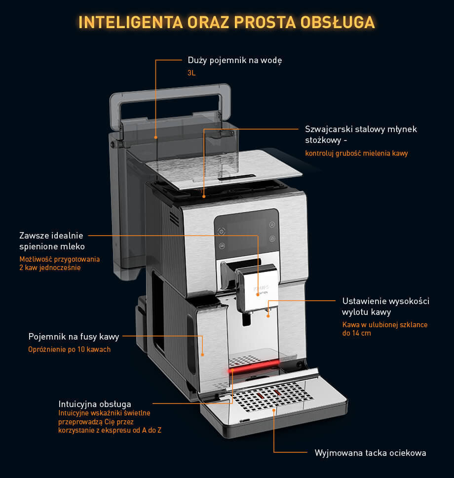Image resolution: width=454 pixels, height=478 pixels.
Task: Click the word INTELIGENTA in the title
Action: [x=131, y=22]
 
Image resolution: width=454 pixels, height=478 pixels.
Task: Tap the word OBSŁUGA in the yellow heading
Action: [x=338, y=22]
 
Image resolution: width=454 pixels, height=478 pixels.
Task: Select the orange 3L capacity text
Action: [x=191, y=73]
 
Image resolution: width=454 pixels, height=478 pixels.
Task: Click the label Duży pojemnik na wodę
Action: [x=234, y=60]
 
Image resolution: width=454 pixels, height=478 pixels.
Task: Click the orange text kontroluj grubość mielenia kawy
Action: [x=356, y=153]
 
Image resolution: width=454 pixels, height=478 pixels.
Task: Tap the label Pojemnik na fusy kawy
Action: [x=74, y=337]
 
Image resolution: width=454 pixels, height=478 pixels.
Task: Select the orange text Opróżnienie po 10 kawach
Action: [x=69, y=349]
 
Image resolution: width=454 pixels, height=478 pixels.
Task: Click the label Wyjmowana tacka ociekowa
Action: [x=370, y=453]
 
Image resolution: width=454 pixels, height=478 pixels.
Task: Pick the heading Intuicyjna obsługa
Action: [x=95, y=404]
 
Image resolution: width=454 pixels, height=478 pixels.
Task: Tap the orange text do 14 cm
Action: [x=356, y=333]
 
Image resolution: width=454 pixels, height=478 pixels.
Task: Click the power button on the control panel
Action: [x=222, y=232]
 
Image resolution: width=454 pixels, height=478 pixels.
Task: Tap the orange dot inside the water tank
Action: [x=156, y=137]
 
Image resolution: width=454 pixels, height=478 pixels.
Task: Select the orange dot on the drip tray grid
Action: [x=274, y=410]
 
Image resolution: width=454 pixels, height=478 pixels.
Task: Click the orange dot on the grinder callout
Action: [x=204, y=197]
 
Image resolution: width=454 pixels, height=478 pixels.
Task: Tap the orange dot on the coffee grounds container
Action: [x=202, y=355]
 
